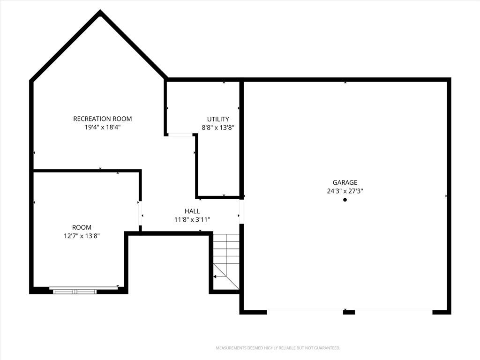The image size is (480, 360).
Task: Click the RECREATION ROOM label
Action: (x=103, y=119)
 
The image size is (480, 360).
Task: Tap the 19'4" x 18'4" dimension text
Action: (x=103, y=127)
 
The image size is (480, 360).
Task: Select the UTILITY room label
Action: (x=218, y=119)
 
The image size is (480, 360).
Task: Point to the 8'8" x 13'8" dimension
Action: (x=218, y=127)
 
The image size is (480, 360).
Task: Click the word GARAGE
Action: (x=345, y=182)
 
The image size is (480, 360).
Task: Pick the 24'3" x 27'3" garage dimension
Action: (x=345, y=191)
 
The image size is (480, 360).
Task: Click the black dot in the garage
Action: (x=345, y=200)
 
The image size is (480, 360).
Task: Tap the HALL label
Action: (x=192, y=211)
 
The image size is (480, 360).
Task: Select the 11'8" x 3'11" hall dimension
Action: (x=192, y=219)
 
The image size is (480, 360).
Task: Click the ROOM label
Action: (x=82, y=227)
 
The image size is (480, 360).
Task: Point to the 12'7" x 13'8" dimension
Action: (x=82, y=236)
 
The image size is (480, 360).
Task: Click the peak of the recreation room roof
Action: (x=100, y=11)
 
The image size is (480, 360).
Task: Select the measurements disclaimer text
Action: (x=278, y=348)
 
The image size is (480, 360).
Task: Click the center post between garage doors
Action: (x=349, y=312)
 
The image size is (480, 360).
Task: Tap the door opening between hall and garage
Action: (x=241, y=211)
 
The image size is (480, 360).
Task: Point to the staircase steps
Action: (x=226, y=262)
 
